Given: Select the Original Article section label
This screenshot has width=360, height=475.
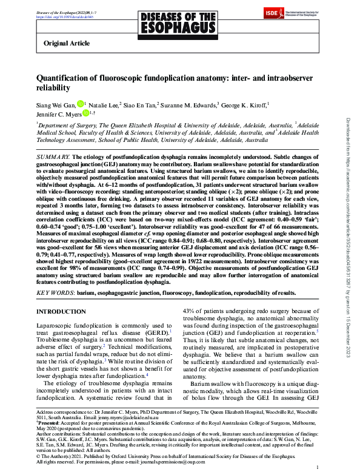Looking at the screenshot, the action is tap(67, 44).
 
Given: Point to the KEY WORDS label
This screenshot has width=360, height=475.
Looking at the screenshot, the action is tap(56, 292).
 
